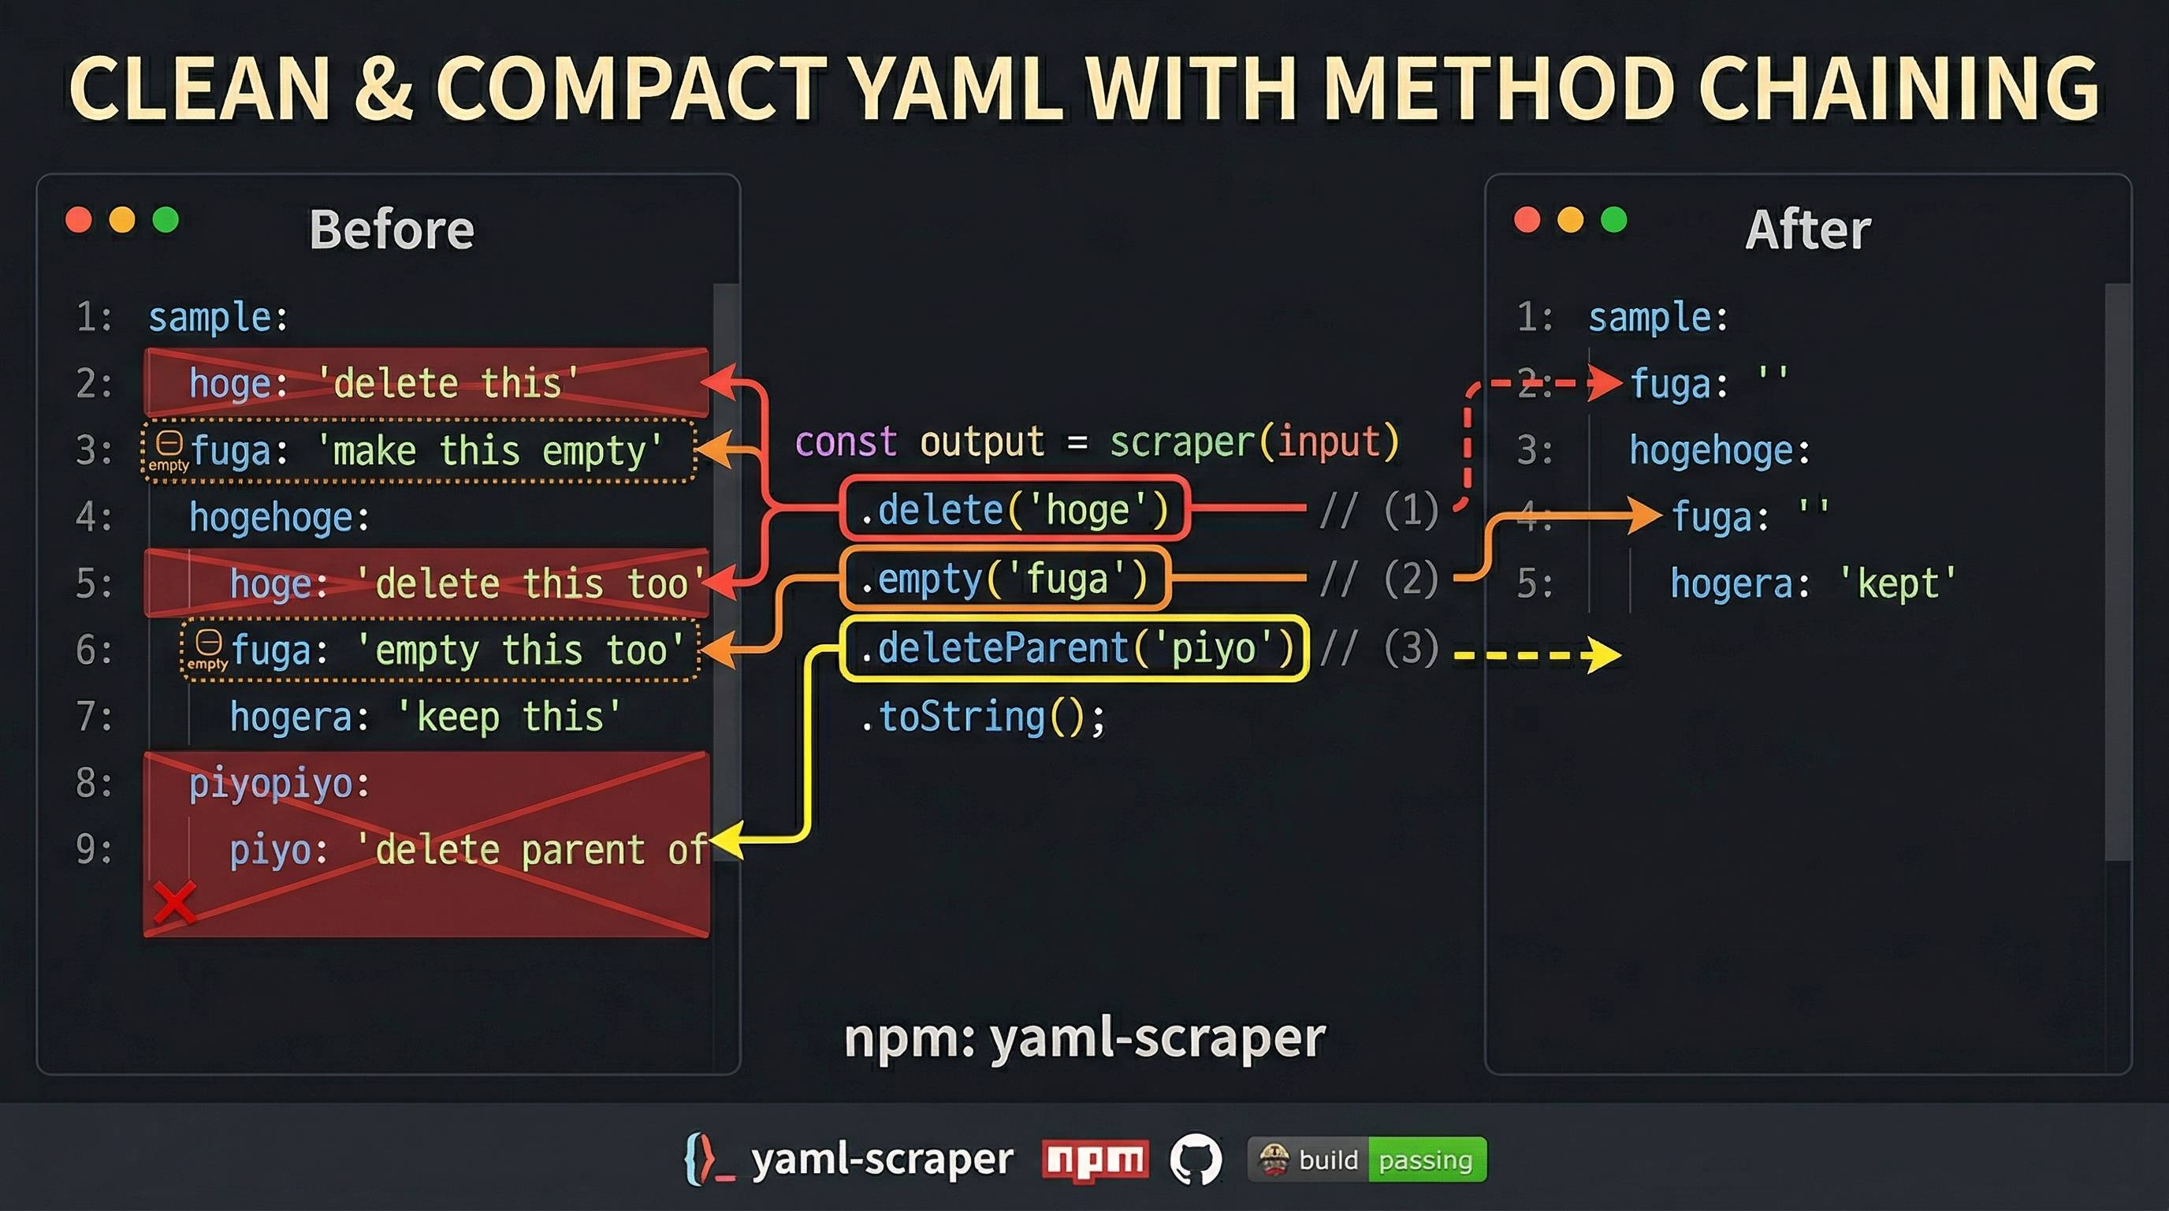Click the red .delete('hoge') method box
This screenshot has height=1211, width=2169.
tap(1014, 509)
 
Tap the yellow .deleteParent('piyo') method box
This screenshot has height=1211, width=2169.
tap(1074, 647)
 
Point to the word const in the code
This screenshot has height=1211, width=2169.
tap(846, 442)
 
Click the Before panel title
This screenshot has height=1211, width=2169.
tap(392, 229)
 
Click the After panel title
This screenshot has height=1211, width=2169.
tap(1808, 229)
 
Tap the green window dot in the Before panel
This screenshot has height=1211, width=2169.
tap(166, 220)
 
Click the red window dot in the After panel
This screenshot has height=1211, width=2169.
tap(1527, 220)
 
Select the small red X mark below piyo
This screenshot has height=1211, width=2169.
tap(175, 902)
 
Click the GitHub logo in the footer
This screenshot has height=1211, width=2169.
tap(1196, 1160)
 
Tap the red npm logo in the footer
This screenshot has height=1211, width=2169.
tap(1095, 1161)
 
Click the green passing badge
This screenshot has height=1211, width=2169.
tap(1427, 1160)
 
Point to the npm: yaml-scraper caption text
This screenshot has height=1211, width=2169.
tap(1084, 1038)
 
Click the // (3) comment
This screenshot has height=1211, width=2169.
tap(1379, 647)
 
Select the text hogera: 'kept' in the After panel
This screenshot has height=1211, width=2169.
tap(1813, 583)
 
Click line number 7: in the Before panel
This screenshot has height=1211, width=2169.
tap(94, 717)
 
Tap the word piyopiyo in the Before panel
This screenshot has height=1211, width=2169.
tap(271, 784)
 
